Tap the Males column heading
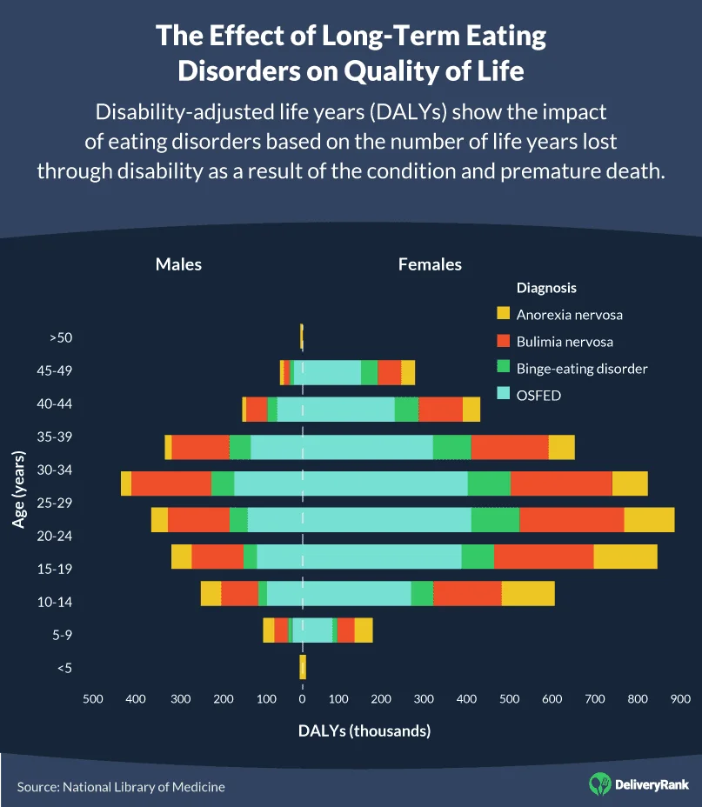click(x=178, y=264)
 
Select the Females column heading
click(x=430, y=264)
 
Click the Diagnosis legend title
click(x=546, y=288)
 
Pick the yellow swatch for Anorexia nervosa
click(x=503, y=314)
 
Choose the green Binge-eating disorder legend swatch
click(x=503, y=369)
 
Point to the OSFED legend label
click(x=538, y=396)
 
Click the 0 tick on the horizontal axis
click(x=302, y=698)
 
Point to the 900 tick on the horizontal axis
click(x=680, y=698)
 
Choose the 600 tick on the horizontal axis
click(x=552, y=698)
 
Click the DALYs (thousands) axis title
click(x=364, y=730)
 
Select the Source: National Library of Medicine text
click(x=121, y=787)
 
